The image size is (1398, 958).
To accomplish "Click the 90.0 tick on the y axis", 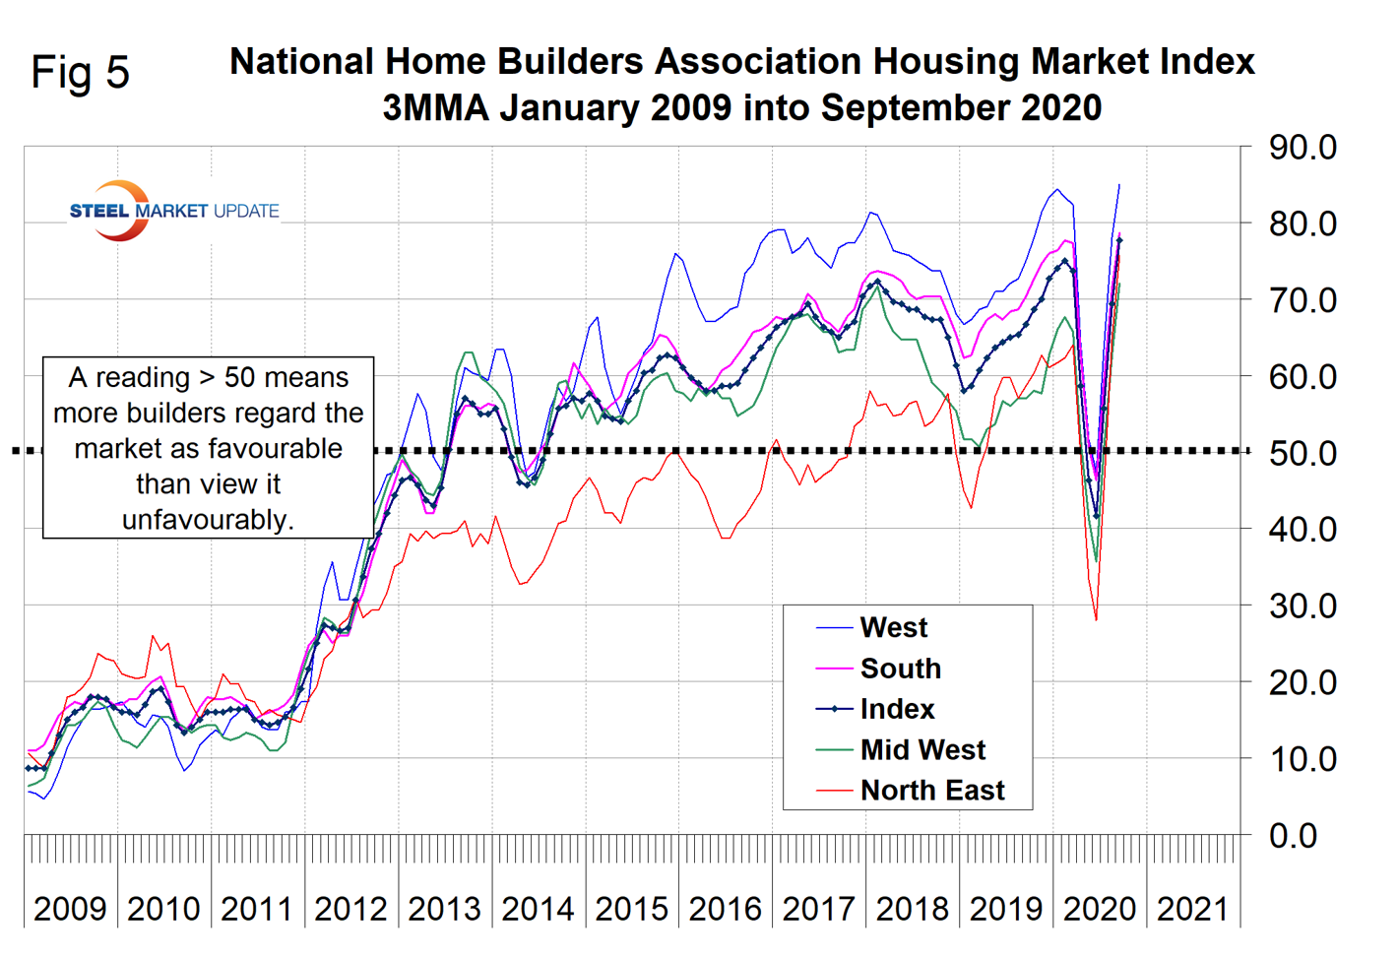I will pos(1302,148).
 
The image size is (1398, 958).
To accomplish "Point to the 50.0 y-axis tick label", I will pos(1302,453).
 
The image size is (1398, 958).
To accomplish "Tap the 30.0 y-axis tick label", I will pos(1302,606).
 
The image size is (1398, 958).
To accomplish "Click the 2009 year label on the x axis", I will pos(70,909).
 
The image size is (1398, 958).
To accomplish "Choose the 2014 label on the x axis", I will pos(538,909).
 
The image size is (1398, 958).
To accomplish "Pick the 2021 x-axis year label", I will pos(1192,909).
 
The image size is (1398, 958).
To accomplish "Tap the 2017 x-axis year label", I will pos(818,909).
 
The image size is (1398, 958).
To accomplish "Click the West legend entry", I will pos(893,627).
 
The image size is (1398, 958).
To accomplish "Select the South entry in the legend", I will pos(900,669).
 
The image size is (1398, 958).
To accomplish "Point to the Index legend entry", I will pos(897,709).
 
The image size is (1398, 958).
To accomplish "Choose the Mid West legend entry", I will pos(921,749).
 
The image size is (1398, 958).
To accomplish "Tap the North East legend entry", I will pos(931,790).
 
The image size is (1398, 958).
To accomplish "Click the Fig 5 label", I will pos(80,72).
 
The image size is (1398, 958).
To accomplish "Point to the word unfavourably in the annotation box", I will pos(208,519).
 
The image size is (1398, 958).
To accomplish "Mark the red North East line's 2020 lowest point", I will pos(1096,619).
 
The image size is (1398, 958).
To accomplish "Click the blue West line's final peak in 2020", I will pos(1118,185).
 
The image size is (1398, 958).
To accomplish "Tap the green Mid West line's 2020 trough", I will pos(1096,561).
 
